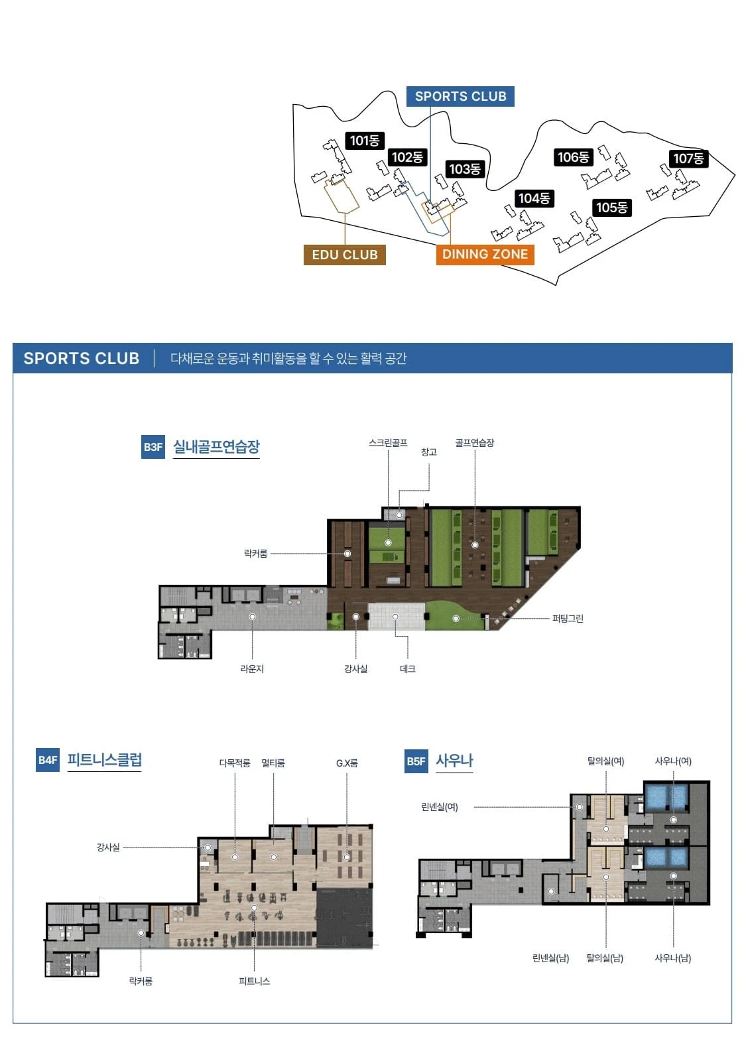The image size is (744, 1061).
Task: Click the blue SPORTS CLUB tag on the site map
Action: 460,96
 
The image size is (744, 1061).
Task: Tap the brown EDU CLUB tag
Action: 344,255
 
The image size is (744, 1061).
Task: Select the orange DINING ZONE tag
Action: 485,255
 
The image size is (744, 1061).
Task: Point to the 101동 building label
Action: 365,140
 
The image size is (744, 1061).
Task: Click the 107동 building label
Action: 688,158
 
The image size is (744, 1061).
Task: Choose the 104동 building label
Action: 534,198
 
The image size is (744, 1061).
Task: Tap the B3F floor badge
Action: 153,447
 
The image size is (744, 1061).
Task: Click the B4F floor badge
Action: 48,760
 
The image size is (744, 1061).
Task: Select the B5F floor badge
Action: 416,761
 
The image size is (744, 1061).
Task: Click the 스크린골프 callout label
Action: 388,443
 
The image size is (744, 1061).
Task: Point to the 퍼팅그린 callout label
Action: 568,618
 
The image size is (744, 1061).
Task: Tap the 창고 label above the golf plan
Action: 428,452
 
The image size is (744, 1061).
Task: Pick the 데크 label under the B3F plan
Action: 407,669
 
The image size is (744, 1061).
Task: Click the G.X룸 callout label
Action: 347,763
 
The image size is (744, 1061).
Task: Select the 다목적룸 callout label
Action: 235,763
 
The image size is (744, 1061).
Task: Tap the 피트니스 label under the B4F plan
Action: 255,981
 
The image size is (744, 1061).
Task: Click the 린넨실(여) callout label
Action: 440,806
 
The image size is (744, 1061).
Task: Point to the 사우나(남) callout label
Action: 672,958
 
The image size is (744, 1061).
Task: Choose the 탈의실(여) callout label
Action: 605,761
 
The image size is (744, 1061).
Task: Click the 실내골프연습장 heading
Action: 216,446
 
